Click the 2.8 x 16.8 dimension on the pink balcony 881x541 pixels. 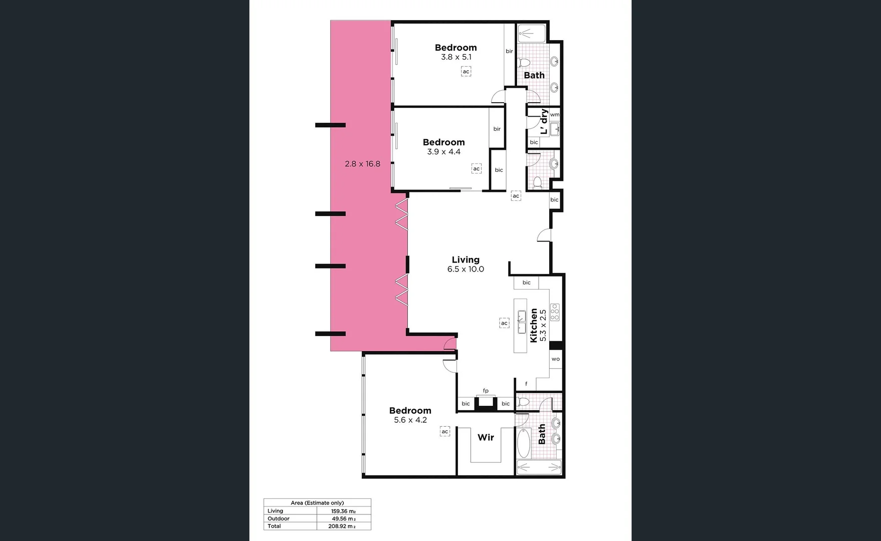[362, 164]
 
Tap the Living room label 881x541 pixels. [466, 259]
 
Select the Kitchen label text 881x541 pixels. [534, 325]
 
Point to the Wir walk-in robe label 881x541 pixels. [486, 437]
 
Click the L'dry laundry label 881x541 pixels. [544, 122]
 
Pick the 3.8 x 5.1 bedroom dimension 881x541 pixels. [456, 57]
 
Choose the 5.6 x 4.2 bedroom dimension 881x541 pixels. [410, 420]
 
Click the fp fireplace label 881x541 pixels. [486, 391]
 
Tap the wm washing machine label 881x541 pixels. [555, 115]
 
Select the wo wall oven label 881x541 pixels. [556, 359]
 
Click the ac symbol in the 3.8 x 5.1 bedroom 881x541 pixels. [466, 72]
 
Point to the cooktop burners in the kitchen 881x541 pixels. [555, 312]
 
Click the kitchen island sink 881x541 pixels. [521, 322]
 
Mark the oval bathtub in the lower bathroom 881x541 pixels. [523, 443]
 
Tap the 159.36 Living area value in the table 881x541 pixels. [343, 511]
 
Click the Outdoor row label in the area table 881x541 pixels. [278, 518]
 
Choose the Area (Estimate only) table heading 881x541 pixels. [317, 503]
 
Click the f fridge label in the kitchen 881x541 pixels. [526, 384]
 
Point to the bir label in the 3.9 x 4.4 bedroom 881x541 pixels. [497, 129]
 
